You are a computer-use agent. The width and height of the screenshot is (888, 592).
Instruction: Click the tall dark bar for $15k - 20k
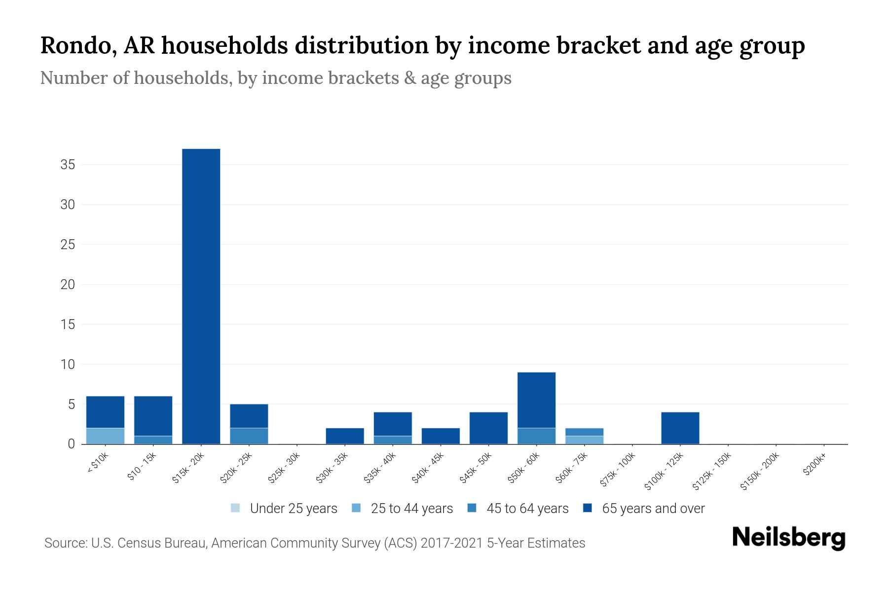201,296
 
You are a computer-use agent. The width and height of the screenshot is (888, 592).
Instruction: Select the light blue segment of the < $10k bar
105,436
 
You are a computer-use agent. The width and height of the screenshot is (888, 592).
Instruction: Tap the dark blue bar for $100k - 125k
680,428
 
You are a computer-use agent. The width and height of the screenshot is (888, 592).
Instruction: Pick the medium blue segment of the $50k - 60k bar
536,436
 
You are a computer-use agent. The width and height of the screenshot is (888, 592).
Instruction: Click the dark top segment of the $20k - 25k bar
249,416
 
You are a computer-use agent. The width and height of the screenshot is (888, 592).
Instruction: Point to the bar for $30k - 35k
345,436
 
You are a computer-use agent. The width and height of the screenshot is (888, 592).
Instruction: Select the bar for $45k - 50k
488,428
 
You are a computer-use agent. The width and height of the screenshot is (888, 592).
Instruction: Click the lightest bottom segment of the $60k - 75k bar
584,440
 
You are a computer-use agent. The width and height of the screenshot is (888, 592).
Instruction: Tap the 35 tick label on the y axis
68,165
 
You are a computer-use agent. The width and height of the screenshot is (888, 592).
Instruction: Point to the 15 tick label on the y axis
68,325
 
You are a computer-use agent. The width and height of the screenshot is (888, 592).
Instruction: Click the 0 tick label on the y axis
72,444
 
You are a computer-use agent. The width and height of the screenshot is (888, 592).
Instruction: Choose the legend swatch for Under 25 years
235,508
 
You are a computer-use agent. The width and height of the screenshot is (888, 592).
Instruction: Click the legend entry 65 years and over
653,508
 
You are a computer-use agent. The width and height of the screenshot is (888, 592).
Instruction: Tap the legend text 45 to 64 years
527,508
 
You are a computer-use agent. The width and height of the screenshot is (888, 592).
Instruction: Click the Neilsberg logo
788,538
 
